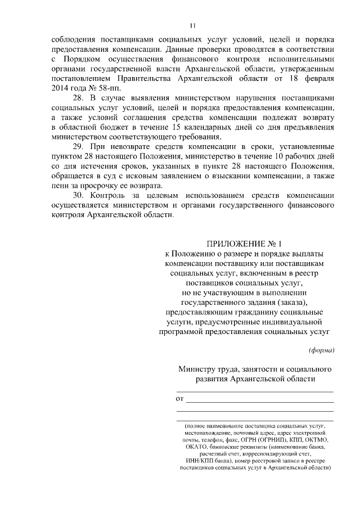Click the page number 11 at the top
coord(192,25)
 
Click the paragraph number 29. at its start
coord(80,147)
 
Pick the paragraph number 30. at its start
coord(80,195)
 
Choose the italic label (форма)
coord(322,350)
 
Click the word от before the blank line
coord(181,399)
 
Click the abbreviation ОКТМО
coord(321,439)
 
